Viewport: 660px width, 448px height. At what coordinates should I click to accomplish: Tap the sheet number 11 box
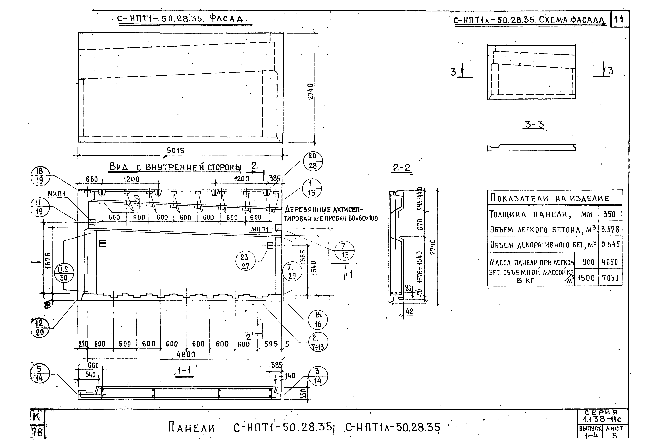(619, 19)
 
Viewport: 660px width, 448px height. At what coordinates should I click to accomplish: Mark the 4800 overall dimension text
(186, 354)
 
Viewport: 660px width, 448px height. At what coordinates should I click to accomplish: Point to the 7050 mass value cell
(610, 278)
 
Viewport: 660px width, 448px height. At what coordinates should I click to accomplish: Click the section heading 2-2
(402, 168)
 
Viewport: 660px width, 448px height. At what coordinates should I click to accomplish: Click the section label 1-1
(184, 371)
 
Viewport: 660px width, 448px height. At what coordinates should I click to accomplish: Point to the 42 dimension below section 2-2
(409, 311)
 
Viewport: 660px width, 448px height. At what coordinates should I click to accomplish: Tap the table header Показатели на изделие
(549, 198)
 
